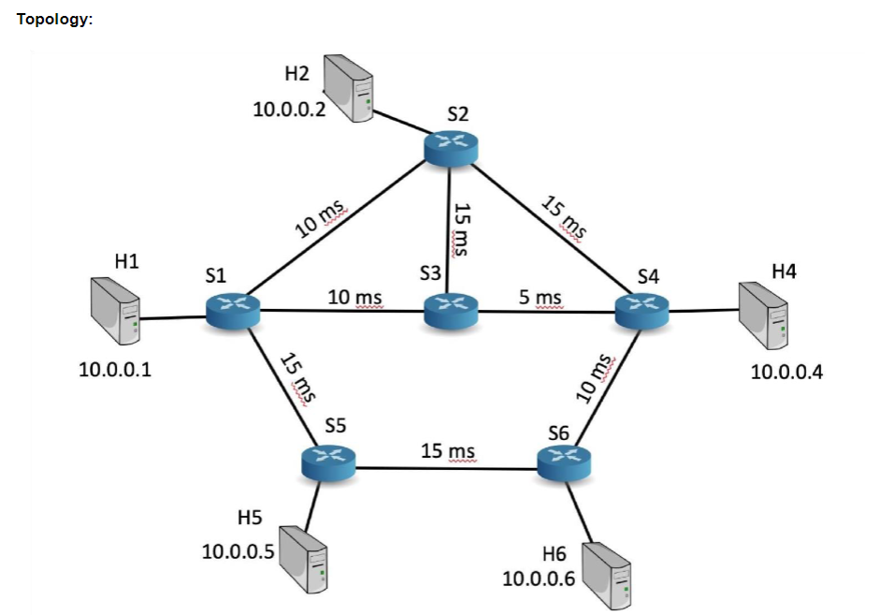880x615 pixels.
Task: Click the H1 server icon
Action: [x=116, y=310]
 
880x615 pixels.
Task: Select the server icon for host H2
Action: [x=348, y=89]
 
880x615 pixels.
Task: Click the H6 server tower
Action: [x=607, y=572]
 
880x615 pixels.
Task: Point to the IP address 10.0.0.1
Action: [x=116, y=370]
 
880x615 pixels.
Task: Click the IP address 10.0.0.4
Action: [x=787, y=372]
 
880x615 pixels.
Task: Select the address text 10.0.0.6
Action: [x=539, y=578]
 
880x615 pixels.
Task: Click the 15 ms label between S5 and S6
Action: [x=448, y=451]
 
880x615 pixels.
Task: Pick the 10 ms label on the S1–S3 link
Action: [x=353, y=297]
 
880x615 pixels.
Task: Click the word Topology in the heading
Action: [x=54, y=20]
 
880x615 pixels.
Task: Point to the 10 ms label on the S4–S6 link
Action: [x=595, y=378]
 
